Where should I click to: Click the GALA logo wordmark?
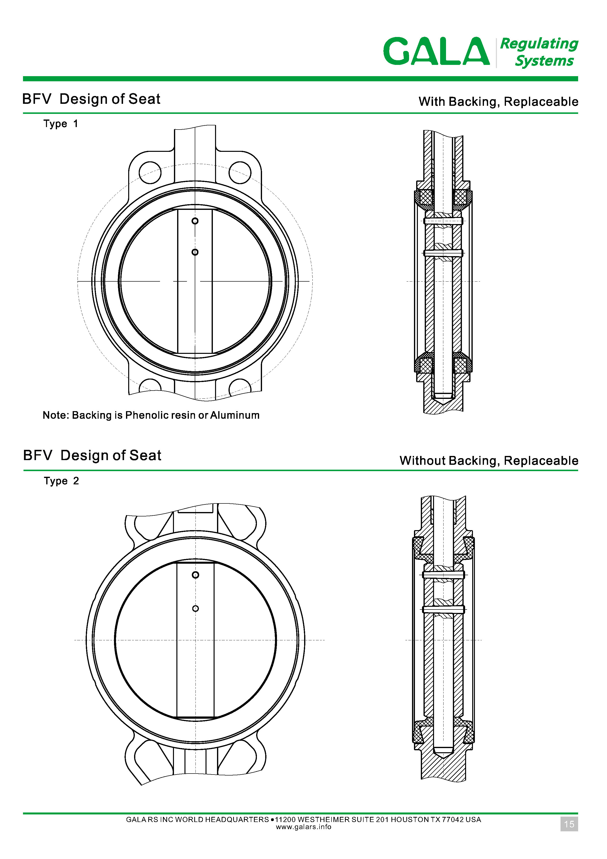(436, 51)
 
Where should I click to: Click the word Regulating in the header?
(539, 44)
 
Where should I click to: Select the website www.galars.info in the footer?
(303, 827)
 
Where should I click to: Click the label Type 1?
(60, 124)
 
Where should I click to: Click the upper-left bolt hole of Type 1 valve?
(150, 172)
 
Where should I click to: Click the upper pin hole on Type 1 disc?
(195, 221)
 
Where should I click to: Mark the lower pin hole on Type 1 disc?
(195, 252)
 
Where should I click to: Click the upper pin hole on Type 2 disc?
(195, 575)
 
